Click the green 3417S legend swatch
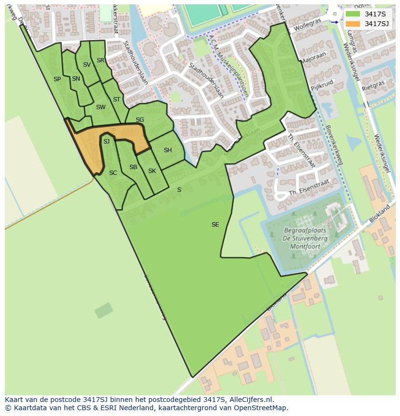(353, 14)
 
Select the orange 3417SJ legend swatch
(353, 24)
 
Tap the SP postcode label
(57, 79)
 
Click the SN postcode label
(76, 79)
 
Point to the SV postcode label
(87, 65)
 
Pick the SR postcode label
(100, 60)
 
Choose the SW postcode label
(100, 107)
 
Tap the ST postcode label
(116, 100)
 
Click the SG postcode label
(140, 120)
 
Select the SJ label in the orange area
(106, 141)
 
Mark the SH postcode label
(168, 150)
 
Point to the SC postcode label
(113, 173)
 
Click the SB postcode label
(133, 167)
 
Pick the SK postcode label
(152, 171)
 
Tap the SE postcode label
(215, 225)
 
